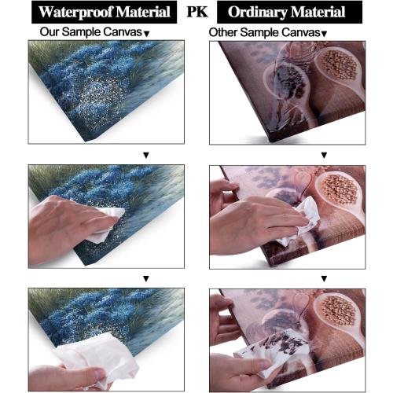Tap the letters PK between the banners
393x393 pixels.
[197, 12]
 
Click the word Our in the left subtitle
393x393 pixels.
[50, 32]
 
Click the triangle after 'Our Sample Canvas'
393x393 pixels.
[147, 34]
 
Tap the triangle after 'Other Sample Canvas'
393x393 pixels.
[324, 34]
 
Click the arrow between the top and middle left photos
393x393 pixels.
[146, 155]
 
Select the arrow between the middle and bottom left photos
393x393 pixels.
[146, 279]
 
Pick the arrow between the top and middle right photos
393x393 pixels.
[324, 155]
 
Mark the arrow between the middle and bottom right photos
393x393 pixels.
[324, 279]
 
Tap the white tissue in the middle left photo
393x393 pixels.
[106, 222]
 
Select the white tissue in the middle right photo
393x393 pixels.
[301, 220]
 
